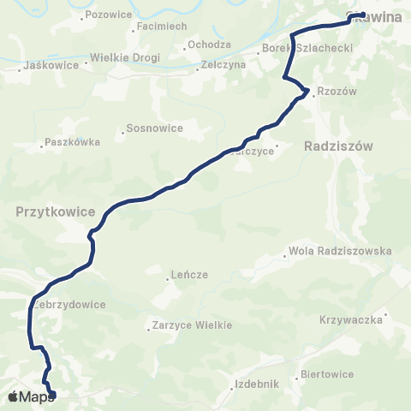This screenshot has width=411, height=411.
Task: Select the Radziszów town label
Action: pos(339,146)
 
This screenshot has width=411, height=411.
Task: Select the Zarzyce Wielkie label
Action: pos(193,325)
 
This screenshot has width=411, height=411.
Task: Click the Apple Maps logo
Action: pos(31,396)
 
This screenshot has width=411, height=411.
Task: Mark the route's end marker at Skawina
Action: pos(362,15)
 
